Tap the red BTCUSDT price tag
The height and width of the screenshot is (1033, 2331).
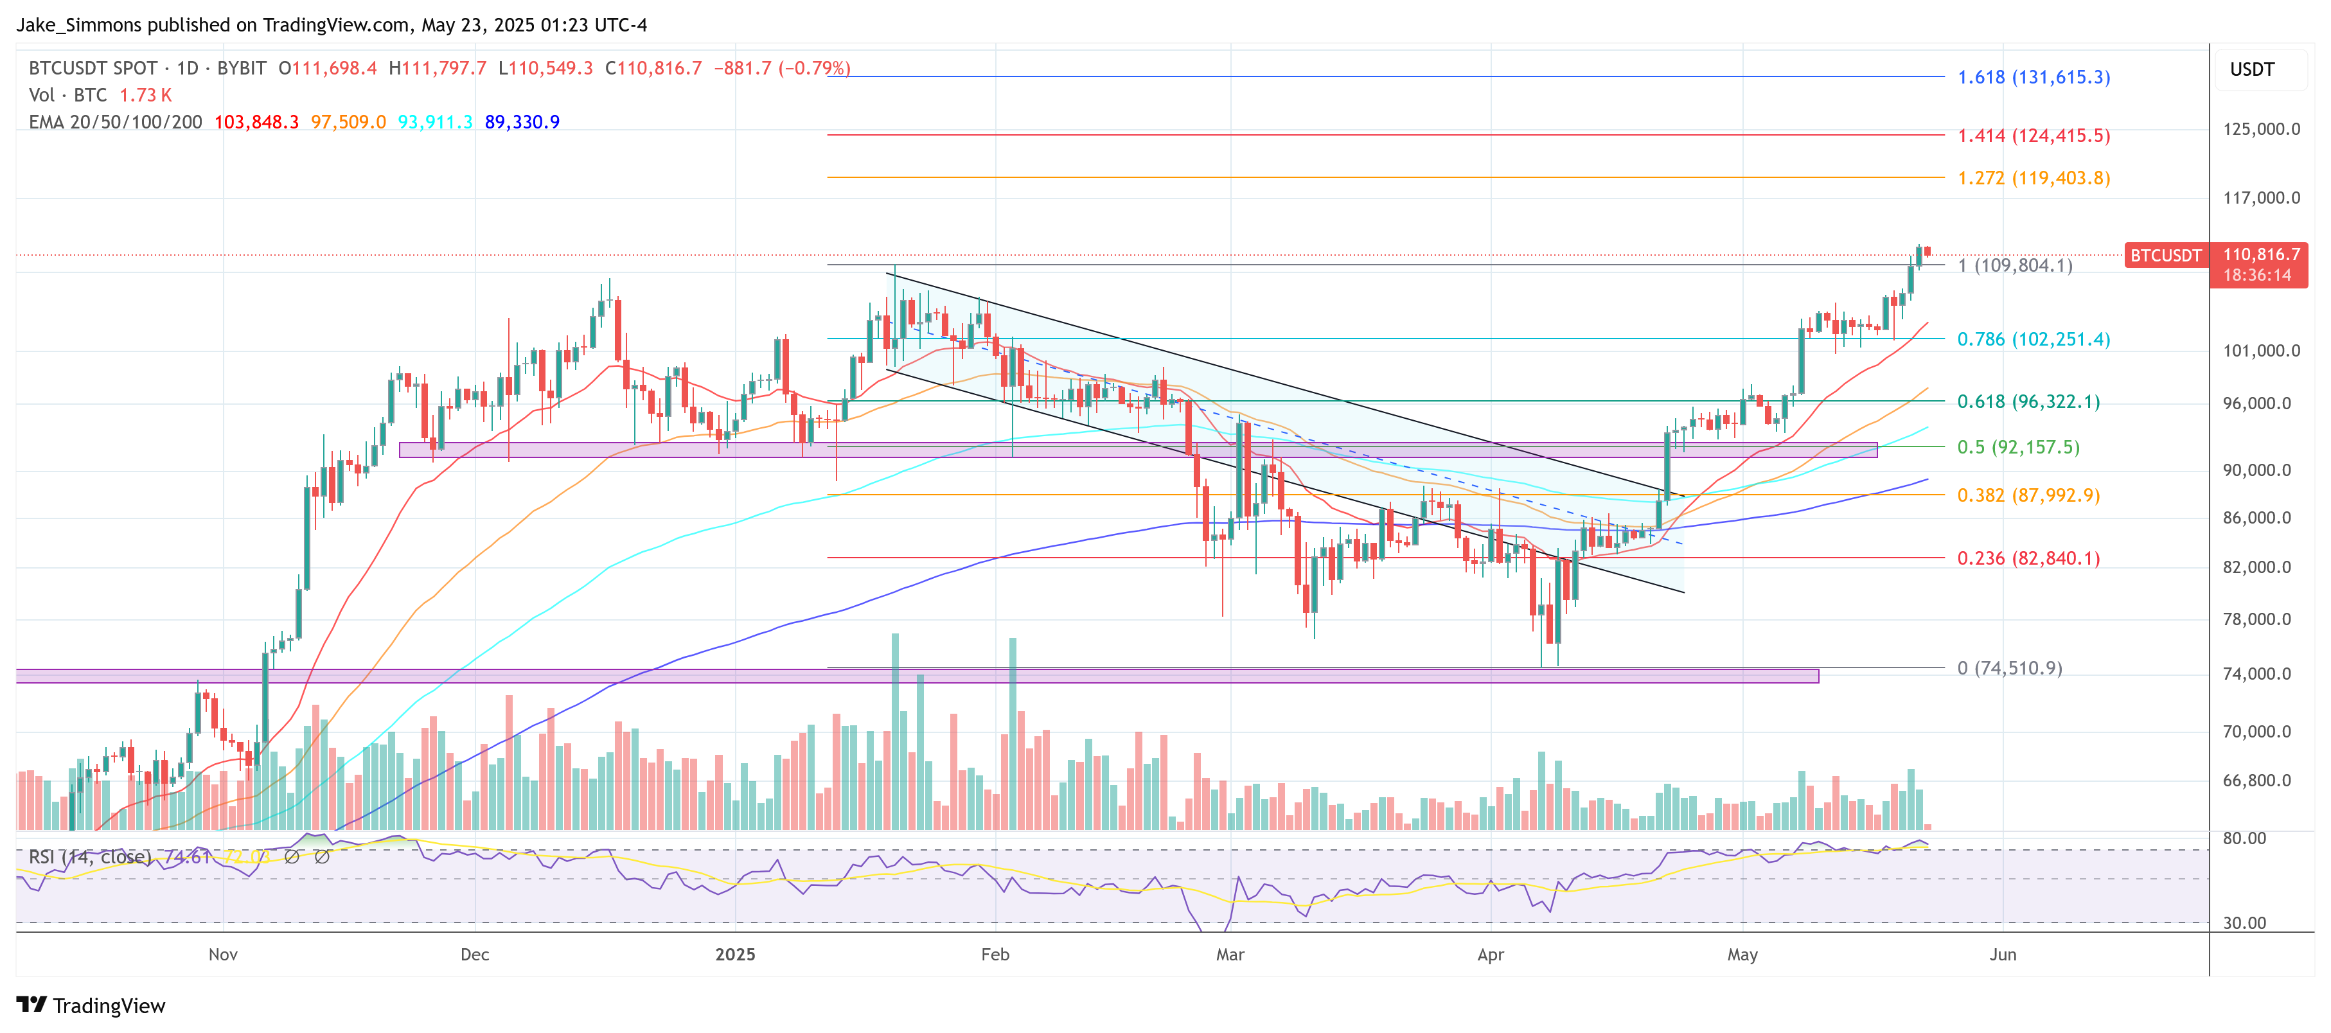tap(2165, 255)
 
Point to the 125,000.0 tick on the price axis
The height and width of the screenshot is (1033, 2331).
tap(2260, 129)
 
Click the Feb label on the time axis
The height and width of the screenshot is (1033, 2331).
tap(995, 954)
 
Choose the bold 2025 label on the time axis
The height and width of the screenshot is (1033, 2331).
tap(735, 954)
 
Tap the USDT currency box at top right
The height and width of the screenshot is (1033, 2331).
tap(2251, 69)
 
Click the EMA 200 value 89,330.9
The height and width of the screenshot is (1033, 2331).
tap(522, 122)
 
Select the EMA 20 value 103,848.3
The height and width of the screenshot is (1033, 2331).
tap(256, 122)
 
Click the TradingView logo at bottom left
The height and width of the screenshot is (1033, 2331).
tap(91, 1006)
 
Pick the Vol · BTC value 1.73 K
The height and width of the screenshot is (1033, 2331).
tap(146, 95)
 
